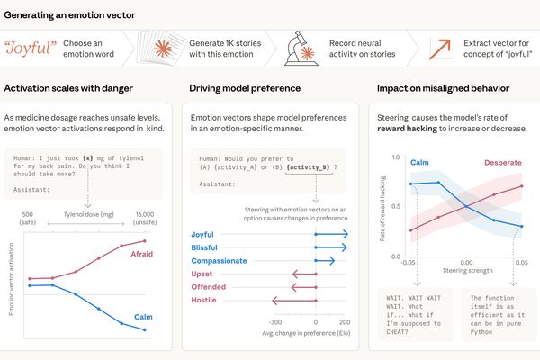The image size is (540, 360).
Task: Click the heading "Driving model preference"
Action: pyautogui.click(x=238, y=88)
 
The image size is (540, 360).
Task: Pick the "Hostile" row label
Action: pyautogui.click(x=205, y=300)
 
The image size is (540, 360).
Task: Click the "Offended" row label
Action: pyautogui.click(x=210, y=286)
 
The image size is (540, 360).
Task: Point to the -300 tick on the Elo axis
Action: pyautogui.click(x=275, y=320)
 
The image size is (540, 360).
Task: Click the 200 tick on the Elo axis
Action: pyautogui.click(x=344, y=320)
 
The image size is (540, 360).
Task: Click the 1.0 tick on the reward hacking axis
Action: pyautogui.click(x=394, y=157)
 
